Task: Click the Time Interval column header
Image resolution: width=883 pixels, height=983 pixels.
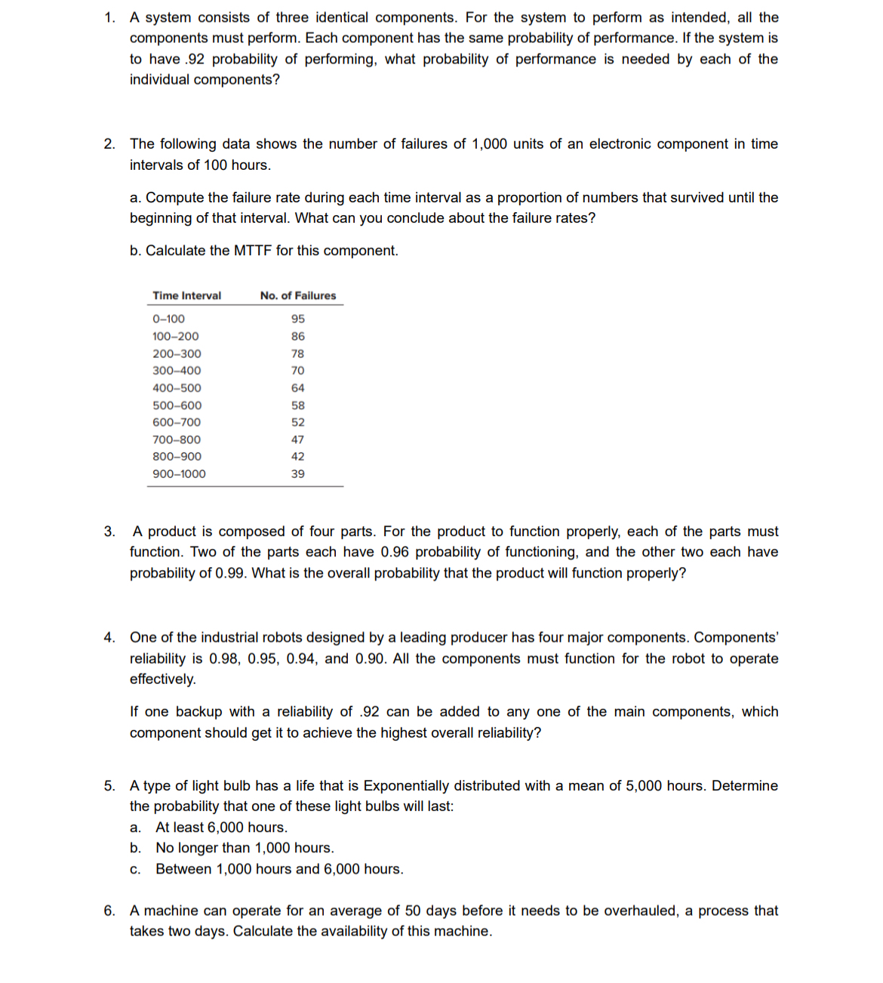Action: point(186,296)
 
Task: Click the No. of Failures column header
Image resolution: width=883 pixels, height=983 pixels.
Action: point(297,296)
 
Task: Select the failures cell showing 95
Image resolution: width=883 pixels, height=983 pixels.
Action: point(297,319)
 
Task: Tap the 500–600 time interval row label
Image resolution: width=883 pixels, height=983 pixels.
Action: point(177,405)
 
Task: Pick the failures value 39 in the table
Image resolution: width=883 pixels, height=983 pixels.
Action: point(297,474)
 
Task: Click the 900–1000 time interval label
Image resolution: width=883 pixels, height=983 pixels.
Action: point(179,474)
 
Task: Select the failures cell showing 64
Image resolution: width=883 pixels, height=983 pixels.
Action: point(297,388)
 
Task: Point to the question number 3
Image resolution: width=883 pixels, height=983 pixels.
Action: point(109,532)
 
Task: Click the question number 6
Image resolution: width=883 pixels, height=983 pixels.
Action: point(109,911)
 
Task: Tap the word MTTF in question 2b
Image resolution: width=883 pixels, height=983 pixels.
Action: point(252,251)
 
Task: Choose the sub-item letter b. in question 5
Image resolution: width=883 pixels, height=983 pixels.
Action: point(136,848)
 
